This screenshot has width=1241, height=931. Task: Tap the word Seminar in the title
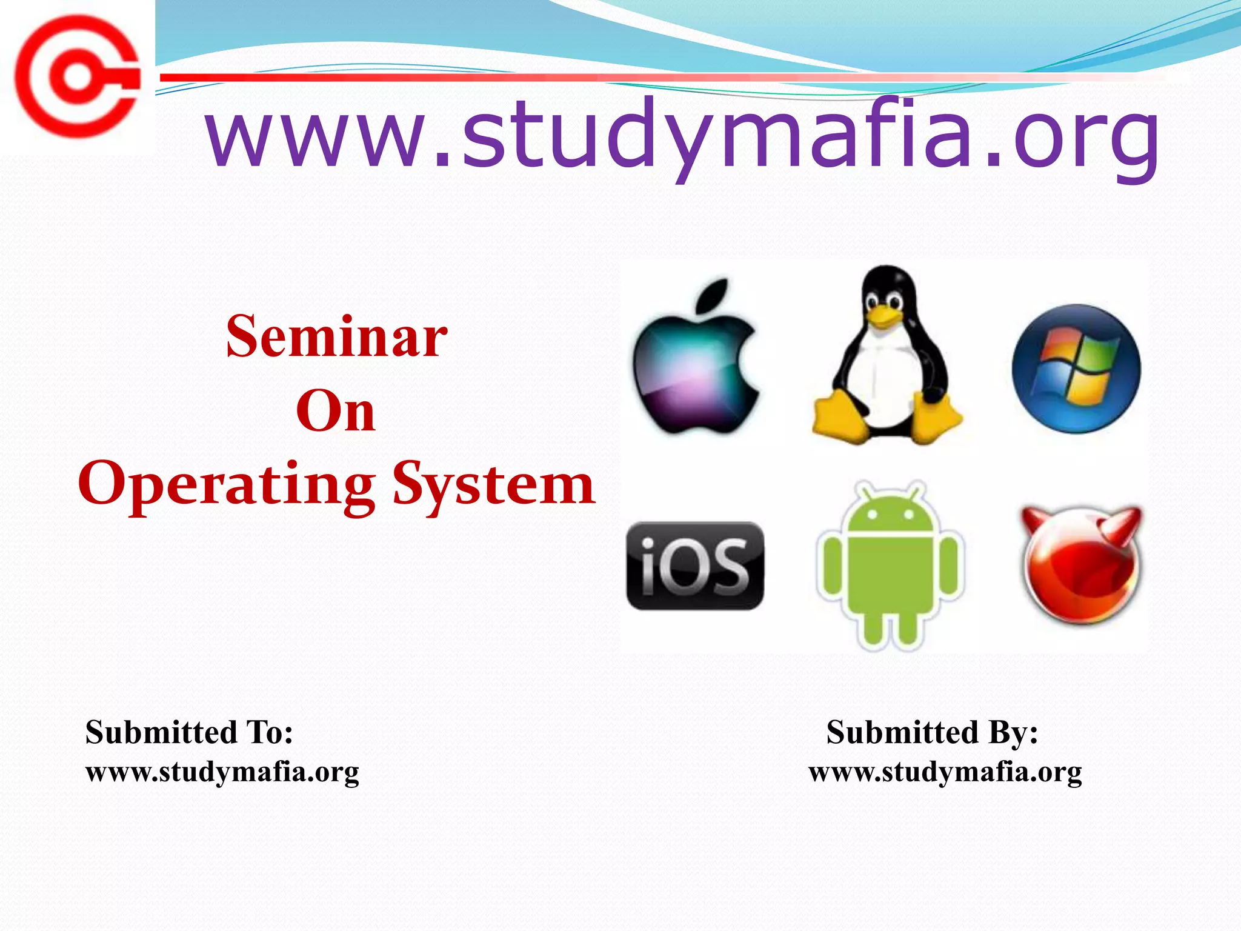[337, 337]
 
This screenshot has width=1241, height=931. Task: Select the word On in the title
[336, 412]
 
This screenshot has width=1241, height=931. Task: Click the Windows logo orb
[1076, 369]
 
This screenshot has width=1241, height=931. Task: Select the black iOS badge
[695, 566]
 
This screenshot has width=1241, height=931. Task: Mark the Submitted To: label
[190, 732]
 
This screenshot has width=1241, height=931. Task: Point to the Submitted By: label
[932, 732]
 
